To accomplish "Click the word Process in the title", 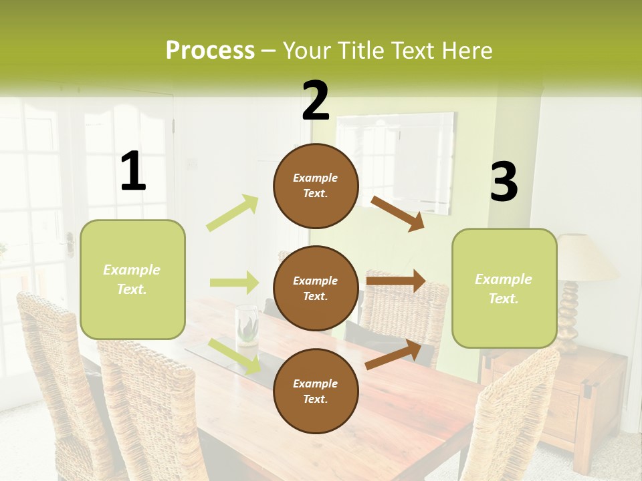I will pos(210,51).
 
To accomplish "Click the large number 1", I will pos(133,172).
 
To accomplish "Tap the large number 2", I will pos(316,101).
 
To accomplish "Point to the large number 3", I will pos(504,182).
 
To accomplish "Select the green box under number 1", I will pos(132,279).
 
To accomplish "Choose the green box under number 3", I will pos(504,288).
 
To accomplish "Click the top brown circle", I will pos(316,186).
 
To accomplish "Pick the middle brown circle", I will pos(316,288).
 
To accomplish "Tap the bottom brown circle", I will pos(316,391).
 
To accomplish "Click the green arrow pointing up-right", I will pos(233,212).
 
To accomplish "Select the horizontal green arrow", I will pos(234,283).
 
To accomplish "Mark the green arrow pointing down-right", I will pos(235,355).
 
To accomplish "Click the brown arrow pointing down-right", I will pos(397,213).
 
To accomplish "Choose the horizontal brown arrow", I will pos(396,281).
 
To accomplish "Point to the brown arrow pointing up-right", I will pos(393,355).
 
